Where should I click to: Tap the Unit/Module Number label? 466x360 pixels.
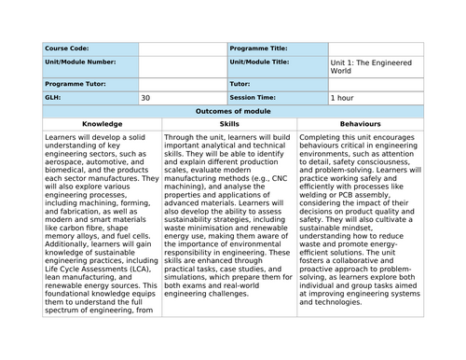pos(79,63)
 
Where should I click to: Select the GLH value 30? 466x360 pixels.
pos(145,97)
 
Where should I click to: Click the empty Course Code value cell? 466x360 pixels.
pos(182,48)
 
